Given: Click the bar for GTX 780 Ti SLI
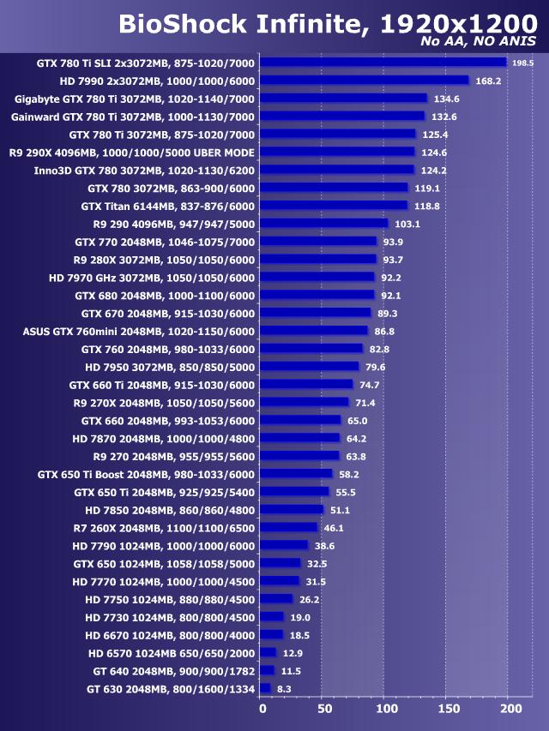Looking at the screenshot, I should coord(383,62).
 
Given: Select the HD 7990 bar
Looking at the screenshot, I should coord(364,80).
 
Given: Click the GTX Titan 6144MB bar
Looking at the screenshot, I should coord(334,206).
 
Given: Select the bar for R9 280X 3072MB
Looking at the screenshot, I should coord(318,260).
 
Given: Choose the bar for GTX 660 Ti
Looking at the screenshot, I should coord(306,385).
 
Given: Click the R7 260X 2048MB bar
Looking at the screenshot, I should coord(288,528).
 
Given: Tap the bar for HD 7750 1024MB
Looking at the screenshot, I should coord(276,599).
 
